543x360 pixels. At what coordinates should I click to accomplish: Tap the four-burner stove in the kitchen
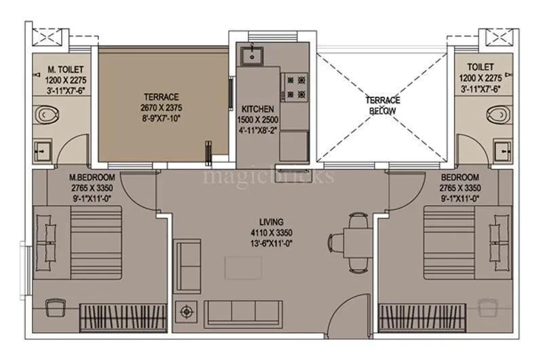click(295, 87)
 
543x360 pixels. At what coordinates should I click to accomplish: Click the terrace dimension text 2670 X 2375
click(160, 107)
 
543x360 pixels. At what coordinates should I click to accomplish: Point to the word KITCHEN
click(257, 109)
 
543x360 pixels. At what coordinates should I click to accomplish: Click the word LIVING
click(271, 222)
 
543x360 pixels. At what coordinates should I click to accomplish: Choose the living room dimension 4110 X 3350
click(271, 232)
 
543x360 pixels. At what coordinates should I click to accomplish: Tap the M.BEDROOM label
click(90, 178)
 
